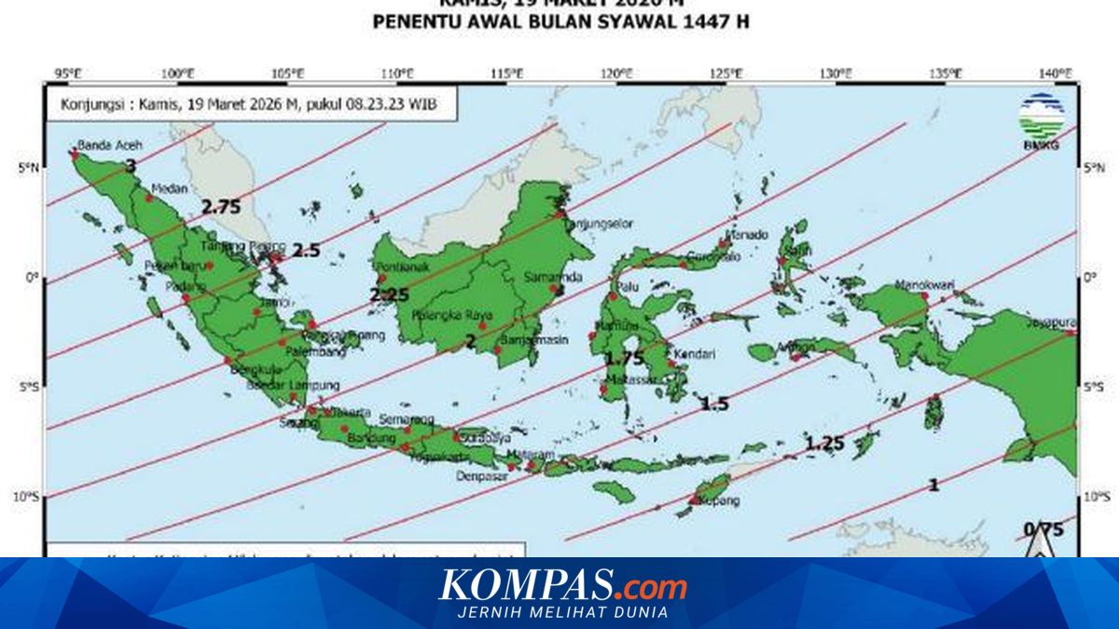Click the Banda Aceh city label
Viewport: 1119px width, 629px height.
click(103, 145)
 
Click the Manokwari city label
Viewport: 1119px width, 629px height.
click(920, 284)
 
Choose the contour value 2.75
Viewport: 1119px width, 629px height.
click(221, 208)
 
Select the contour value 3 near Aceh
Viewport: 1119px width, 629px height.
click(131, 166)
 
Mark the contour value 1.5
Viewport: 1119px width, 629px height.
click(714, 403)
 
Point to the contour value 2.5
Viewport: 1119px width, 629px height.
click(305, 251)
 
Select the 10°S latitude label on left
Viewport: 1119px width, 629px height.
click(28, 498)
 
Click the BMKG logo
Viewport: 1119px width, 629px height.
click(1042, 120)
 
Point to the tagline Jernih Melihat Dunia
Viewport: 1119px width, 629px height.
click(562, 612)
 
